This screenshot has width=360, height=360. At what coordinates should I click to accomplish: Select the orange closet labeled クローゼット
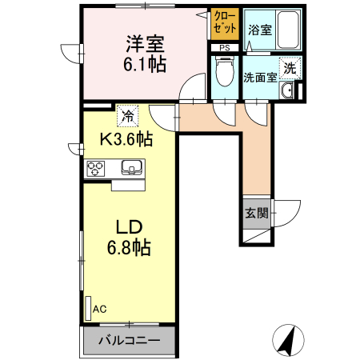[225, 24]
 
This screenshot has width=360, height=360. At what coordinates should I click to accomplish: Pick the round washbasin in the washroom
[287, 92]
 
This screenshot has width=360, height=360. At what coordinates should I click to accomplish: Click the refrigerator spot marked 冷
[126, 116]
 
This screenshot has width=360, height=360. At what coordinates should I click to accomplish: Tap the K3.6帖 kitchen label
[126, 139]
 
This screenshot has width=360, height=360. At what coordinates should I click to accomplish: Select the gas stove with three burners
[97, 168]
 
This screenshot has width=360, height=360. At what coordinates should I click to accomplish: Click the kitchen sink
[131, 168]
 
